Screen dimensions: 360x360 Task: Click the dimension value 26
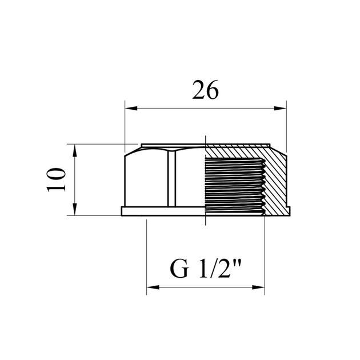coord(205,90)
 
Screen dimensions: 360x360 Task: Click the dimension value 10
coord(56,180)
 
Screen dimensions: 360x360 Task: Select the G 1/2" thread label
coord(206,269)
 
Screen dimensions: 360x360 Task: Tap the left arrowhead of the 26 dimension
coord(131,108)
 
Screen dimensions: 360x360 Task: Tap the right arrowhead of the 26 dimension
coord(280,108)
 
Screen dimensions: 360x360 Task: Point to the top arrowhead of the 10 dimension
coord(75,150)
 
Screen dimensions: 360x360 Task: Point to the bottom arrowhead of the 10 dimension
coord(75,210)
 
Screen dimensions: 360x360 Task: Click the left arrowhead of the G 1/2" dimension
coord(153,287)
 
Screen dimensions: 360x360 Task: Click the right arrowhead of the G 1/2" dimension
coord(258,287)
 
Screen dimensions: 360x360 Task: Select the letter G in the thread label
coord(179,269)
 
